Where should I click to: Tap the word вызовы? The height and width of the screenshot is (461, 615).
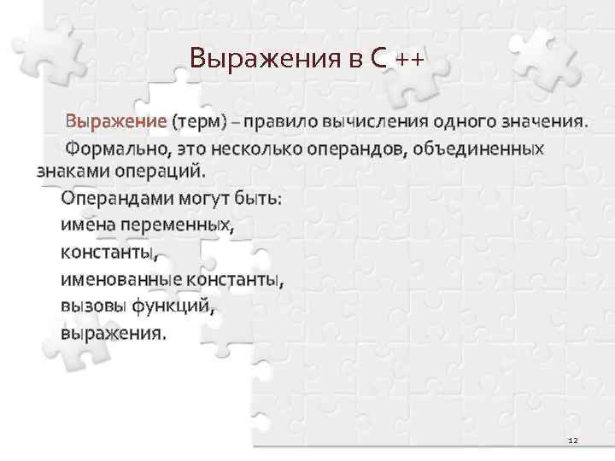(x=91, y=305)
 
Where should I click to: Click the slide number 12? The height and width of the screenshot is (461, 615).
(x=572, y=440)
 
